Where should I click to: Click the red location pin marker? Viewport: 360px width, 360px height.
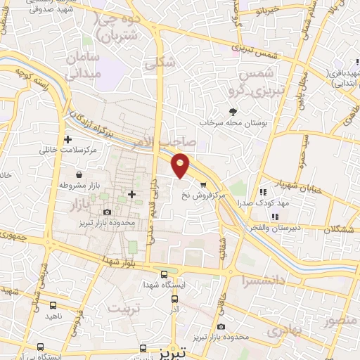coord(181,165)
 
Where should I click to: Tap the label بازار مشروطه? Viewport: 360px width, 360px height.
coord(76,185)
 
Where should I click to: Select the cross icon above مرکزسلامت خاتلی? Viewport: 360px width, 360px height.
coord(67,139)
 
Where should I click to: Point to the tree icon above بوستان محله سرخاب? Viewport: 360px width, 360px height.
coord(233,111)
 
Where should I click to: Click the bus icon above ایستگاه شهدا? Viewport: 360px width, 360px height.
coord(164,274)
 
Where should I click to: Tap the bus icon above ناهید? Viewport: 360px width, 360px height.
coord(54,306)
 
